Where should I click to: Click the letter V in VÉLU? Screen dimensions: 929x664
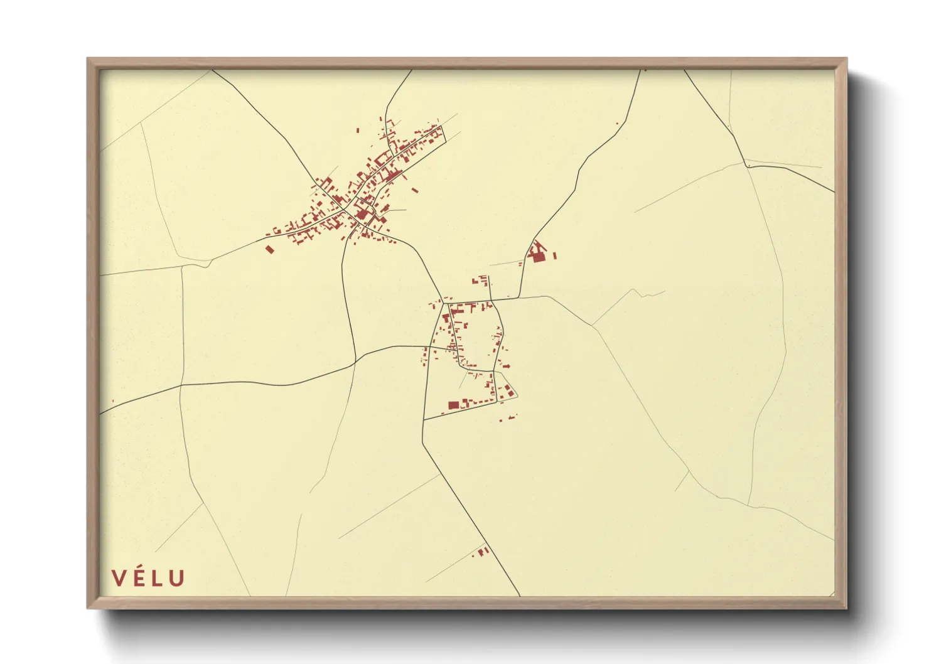pyautogui.click(x=119, y=578)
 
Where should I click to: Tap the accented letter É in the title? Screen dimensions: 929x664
pyautogui.click(x=139, y=577)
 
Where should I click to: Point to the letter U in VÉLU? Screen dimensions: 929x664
pyautogui.click(x=176, y=578)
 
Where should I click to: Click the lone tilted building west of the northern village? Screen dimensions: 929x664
pyautogui.click(x=270, y=249)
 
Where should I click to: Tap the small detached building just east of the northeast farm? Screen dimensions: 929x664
pyautogui.click(x=555, y=255)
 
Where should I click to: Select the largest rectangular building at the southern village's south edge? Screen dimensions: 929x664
pyautogui.click(x=453, y=405)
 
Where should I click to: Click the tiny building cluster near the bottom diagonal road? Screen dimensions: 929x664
pyautogui.click(x=483, y=551)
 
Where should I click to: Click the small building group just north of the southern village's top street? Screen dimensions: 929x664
pyautogui.click(x=483, y=280)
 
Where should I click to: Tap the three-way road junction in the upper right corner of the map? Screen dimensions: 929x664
pyautogui.click(x=747, y=165)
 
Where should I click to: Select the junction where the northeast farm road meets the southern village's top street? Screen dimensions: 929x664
pyautogui.click(x=519, y=298)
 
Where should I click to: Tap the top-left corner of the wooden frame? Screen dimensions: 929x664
pyautogui.click(x=89, y=60)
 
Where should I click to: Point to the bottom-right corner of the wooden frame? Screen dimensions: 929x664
pyautogui.click(x=846, y=608)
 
